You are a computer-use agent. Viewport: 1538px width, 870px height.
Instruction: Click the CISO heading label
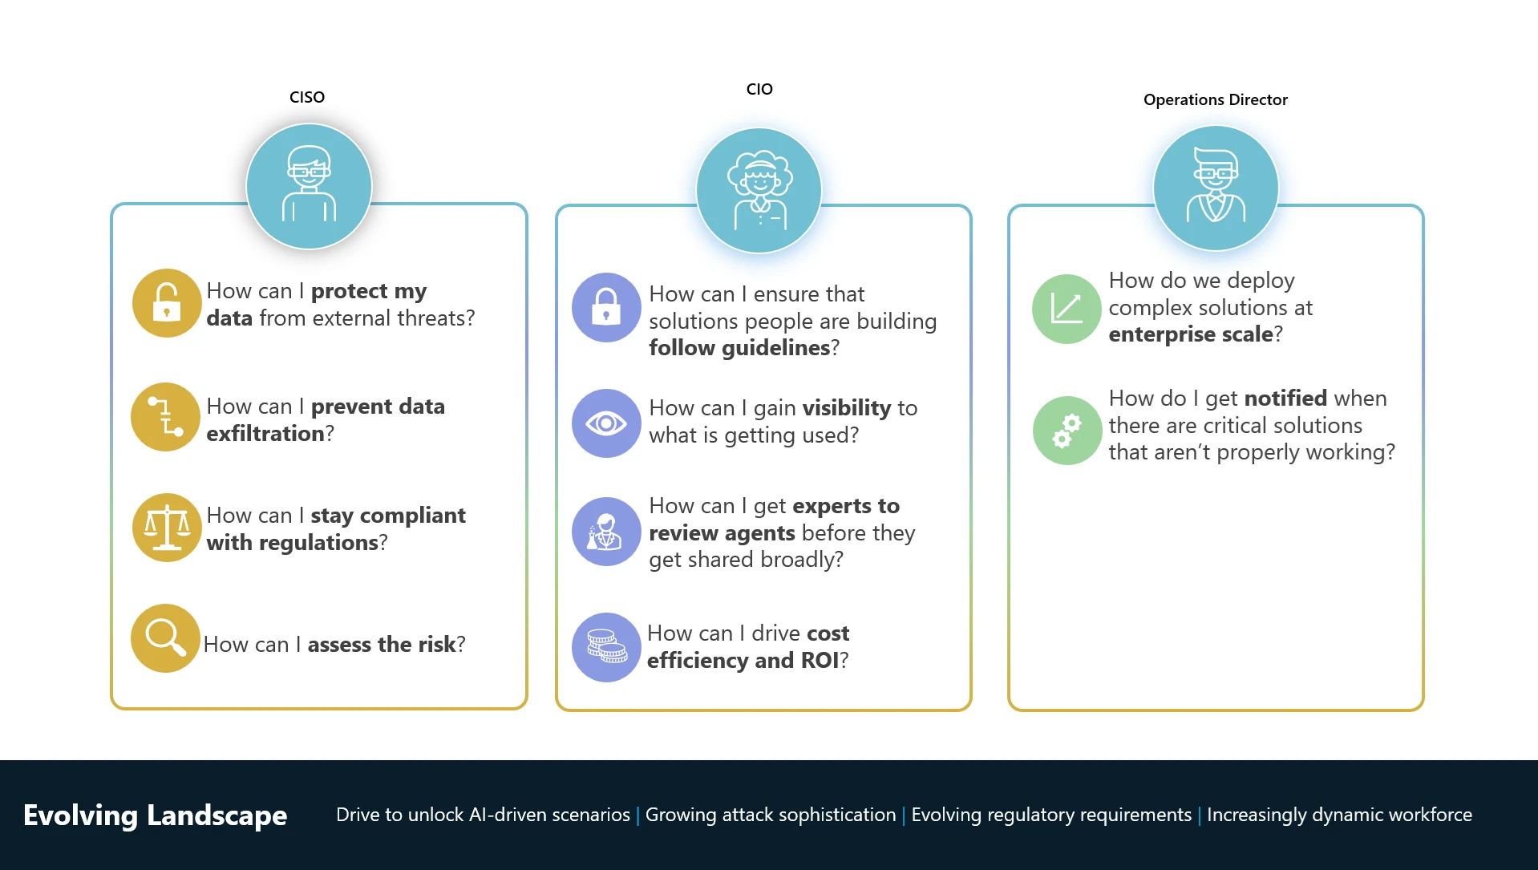(307, 97)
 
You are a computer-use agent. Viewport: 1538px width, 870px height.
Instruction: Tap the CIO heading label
(759, 89)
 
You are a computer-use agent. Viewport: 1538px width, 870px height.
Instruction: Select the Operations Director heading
(1215, 99)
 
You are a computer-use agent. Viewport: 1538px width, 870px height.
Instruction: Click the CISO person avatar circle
(309, 186)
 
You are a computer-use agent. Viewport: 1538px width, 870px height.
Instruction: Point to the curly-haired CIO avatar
(759, 191)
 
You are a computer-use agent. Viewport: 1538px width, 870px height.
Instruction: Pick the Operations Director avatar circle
(1216, 188)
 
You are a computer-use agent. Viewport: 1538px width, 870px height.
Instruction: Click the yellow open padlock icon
(167, 303)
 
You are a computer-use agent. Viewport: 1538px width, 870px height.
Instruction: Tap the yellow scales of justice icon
(167, 528)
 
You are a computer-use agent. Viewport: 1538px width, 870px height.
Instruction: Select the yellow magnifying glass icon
(166, 638)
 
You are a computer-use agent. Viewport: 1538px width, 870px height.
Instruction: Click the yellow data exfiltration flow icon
(166, 417)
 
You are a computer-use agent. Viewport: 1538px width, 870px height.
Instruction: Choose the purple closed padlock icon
(606, 308)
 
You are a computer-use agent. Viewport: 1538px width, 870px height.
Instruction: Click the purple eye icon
(606, 423)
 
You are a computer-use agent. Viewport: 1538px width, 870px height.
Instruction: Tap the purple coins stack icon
(606, 647)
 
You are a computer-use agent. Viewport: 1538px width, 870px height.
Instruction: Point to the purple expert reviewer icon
(606, 532)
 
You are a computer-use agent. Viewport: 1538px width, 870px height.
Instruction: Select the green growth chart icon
(1066, 310)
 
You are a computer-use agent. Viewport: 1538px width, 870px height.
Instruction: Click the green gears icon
(1066, 431)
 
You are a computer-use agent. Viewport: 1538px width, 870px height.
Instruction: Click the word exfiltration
(265, 434)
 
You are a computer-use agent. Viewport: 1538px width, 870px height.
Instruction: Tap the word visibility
(847, 408)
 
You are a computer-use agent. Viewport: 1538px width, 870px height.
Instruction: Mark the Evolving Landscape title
(156, 815)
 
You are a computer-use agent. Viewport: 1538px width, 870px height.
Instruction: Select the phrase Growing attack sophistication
(771, 815)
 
